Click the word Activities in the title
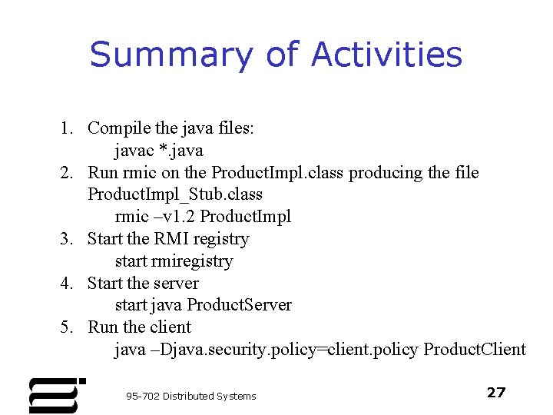(386, 55)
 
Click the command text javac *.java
(159, 151)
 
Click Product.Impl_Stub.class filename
(175, 194)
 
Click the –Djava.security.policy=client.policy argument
(289, 350)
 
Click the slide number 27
(496, 393)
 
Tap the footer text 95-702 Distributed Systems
(191, 396)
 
